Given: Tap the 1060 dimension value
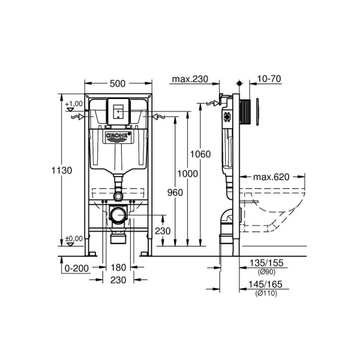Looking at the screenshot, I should coord(201,154).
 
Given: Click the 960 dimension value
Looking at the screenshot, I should coord(173,193).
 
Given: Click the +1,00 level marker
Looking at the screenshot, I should coord(74,104).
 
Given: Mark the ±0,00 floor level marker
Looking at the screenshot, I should coord(74,238).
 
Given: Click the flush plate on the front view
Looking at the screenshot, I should coord(118,112).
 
